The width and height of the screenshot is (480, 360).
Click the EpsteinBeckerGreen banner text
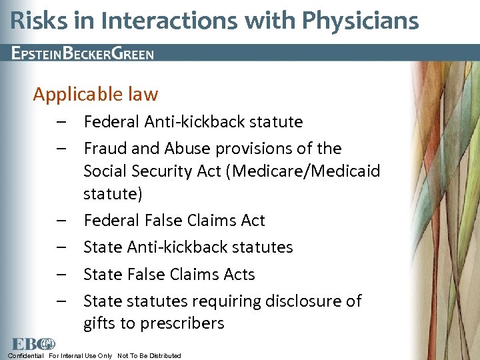pos(83,53)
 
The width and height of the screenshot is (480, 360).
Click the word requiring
pos(223,301)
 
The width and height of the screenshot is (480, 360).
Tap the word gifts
pos(100,324)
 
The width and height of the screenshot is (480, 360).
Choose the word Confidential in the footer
pos(26,356)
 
